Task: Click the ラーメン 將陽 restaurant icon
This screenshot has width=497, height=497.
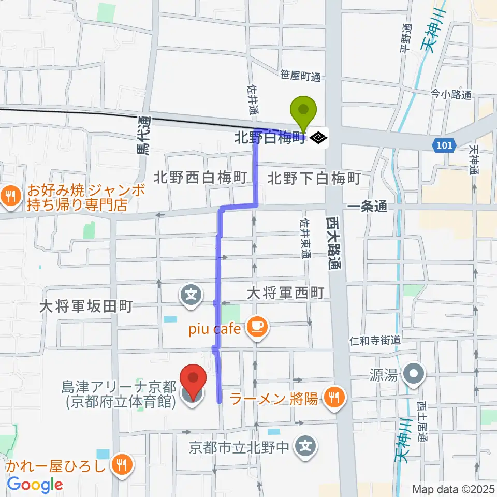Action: pos(334,397)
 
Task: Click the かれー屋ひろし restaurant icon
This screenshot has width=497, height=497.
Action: pos(122,463)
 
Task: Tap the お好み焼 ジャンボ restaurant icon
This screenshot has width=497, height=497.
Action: pos(9,196)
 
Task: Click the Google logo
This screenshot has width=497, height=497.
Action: pos(35,485)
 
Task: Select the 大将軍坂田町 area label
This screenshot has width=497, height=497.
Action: pos(86,307)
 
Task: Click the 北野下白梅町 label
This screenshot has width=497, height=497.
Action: pos(314,179)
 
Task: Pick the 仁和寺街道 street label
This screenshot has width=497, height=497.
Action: pos(376,340)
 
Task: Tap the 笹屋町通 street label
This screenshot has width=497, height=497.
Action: pos(300,77)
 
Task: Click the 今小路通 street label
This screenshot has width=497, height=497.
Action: pos(450,94)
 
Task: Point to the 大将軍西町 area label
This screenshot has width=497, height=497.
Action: pos(285,294)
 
